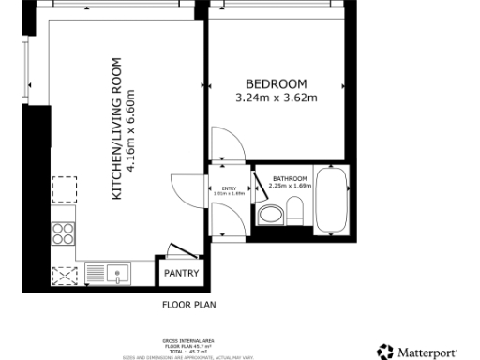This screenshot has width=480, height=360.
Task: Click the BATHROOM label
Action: coord(290,178)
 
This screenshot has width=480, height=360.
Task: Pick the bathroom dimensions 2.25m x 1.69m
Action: coord(290,186)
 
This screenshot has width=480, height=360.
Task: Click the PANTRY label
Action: coord(180,274)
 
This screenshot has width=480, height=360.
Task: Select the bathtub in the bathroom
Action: coord(333,201)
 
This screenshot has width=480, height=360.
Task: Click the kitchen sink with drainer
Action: coord(109,274)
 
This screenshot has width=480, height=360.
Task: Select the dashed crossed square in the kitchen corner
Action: coord(64,275)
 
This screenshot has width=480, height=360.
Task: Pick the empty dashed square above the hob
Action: coord(64,190)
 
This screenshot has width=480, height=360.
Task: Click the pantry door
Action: coord(180,251)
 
